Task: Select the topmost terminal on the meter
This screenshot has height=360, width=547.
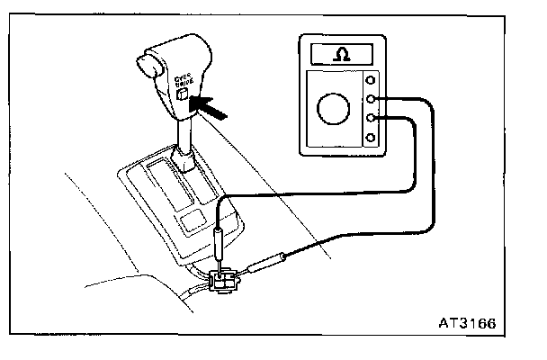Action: point(371,78)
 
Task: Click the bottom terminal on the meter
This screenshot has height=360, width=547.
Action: point(371,138)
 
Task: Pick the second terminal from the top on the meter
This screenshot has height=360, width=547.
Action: point(371,98)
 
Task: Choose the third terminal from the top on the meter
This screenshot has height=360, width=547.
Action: point(371,118)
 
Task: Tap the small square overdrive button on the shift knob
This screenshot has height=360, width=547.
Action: point(183,94)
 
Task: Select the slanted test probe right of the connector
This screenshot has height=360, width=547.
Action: point(267,263)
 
